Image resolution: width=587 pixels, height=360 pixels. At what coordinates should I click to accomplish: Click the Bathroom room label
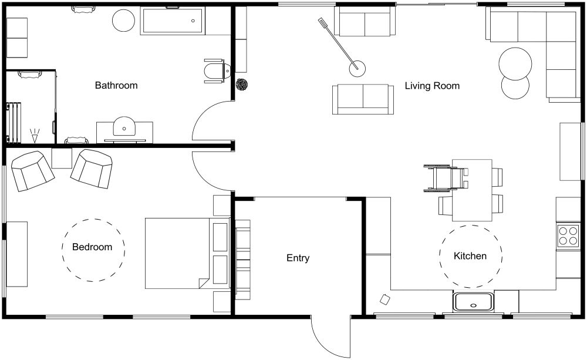(116, 86)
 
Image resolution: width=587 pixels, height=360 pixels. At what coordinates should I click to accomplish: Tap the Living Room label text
(432, 86)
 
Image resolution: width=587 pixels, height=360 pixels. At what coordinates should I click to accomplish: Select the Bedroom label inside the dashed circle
(92, 247)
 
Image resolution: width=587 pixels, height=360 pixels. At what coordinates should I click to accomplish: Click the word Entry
(298, 258)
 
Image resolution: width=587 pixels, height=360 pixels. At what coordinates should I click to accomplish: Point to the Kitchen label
(470, 256)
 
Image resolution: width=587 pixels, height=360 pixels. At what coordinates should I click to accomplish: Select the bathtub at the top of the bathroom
(171, 22)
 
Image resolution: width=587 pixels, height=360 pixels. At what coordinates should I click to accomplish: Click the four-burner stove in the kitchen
(568, 235)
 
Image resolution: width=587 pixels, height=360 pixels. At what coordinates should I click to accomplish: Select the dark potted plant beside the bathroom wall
(241, 85)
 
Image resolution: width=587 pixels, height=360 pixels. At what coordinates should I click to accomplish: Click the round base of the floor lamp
(357, 69)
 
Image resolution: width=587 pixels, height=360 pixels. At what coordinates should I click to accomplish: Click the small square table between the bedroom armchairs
(62, 159)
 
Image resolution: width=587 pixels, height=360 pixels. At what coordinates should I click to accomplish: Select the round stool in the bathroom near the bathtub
(124, 21)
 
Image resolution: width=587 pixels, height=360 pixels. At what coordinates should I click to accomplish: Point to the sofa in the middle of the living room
(363, 99)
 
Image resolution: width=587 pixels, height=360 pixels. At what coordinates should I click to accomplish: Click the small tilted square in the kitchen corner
(385, 300)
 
